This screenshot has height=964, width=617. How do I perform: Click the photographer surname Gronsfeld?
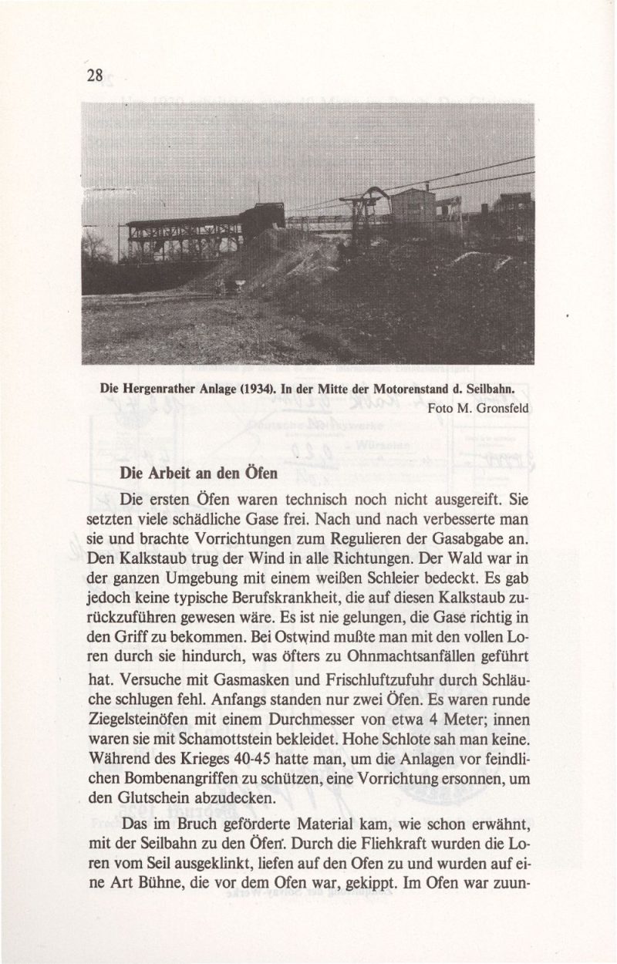502,408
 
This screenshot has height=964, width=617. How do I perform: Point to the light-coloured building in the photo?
413,205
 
